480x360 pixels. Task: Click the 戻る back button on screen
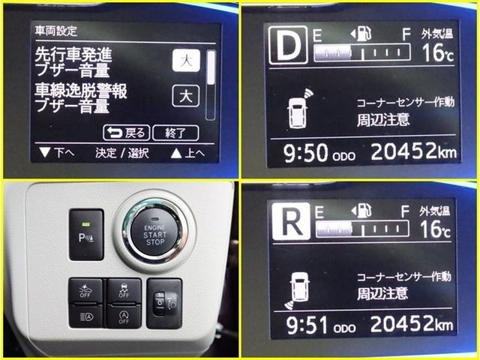pos(125,133)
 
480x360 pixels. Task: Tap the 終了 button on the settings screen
pos(175,133)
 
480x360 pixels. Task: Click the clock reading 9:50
pos(307,154)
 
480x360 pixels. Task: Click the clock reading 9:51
pos(307,325)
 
